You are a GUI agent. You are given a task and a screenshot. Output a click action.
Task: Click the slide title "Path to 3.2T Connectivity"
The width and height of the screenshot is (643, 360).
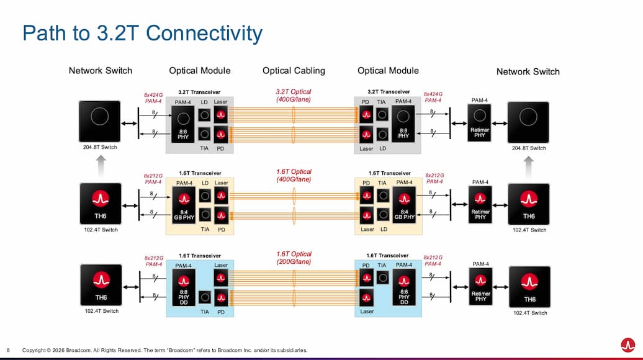pyautogui.click(x=142, y=33)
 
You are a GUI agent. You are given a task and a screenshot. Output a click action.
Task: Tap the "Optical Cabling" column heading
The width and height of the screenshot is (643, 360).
pyautogui.click(x=294, y=71)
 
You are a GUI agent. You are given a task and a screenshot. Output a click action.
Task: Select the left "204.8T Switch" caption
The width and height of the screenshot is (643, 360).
pyautogui.click(x=101, y=148)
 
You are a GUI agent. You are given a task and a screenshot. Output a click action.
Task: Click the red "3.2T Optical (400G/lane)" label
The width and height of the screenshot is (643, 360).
pyautogui.click(x=294, y=96)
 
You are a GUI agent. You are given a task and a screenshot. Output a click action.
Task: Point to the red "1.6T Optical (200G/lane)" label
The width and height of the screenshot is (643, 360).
pyautogui.click(x=294, y=258)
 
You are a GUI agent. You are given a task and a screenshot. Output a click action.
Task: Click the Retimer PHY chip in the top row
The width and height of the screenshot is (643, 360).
pyautogui.click(x=479, y=122)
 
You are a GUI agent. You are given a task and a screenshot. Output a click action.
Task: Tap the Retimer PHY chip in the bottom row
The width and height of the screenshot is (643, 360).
pyautogui.click(x=479, y=286)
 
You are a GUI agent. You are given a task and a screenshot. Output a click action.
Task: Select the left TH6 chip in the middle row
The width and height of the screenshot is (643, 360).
pyautogui.click(x=101, y=204)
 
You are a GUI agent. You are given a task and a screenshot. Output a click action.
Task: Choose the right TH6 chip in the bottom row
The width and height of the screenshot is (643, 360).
pyautogui.click(x=529, y=286)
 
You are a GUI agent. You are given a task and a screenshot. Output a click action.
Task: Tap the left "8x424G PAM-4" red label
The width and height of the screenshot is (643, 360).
pyautogui.click(x=153, y=97)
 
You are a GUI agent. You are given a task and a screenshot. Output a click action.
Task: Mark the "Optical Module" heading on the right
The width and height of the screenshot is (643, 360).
pyautogui.click(x=388, y=71)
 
